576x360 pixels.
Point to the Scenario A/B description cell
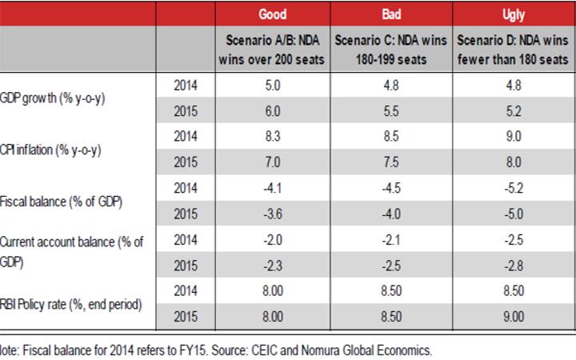(274, 50)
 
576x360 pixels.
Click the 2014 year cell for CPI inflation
(185, 137)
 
